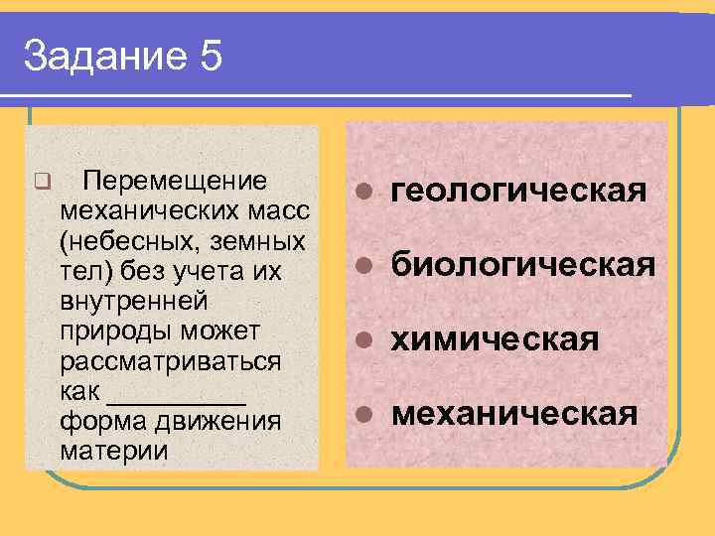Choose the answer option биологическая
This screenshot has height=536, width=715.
(x=523, y=265)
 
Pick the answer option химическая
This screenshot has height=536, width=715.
(x=496, y=339)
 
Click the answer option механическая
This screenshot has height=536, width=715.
(x=515, y=413)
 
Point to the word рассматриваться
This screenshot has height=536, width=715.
(x=171, y=360)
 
